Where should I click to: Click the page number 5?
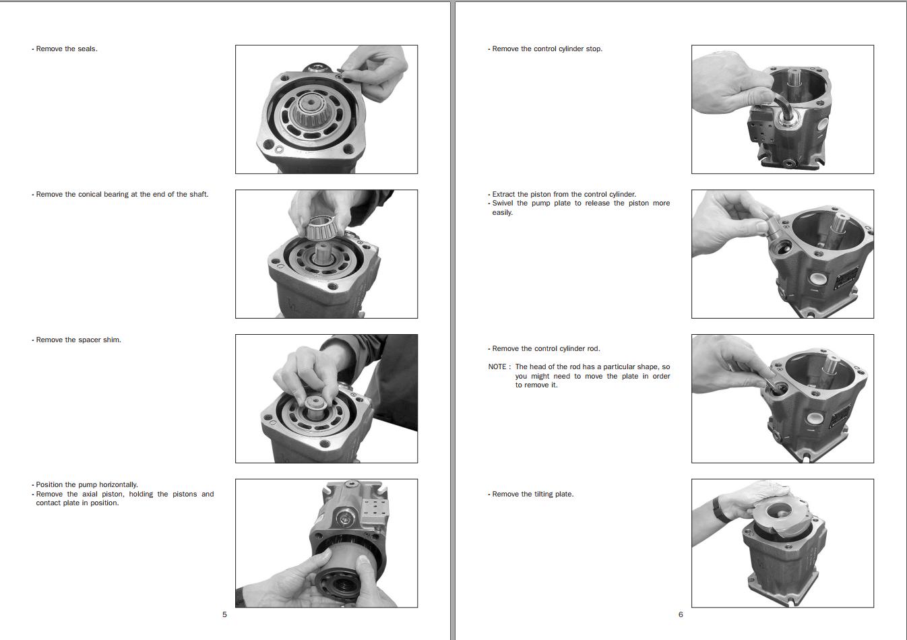(224, 614)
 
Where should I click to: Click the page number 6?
(681, 614)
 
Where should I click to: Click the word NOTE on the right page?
(497, 366)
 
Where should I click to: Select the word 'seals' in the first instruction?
(87, 49)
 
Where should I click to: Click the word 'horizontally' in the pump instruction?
(118, 485)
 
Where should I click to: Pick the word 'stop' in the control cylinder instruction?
(594, 49)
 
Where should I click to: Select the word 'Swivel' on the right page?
(503, 203)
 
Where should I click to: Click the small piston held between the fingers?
(774, 229)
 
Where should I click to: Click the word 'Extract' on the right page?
(504, 194)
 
